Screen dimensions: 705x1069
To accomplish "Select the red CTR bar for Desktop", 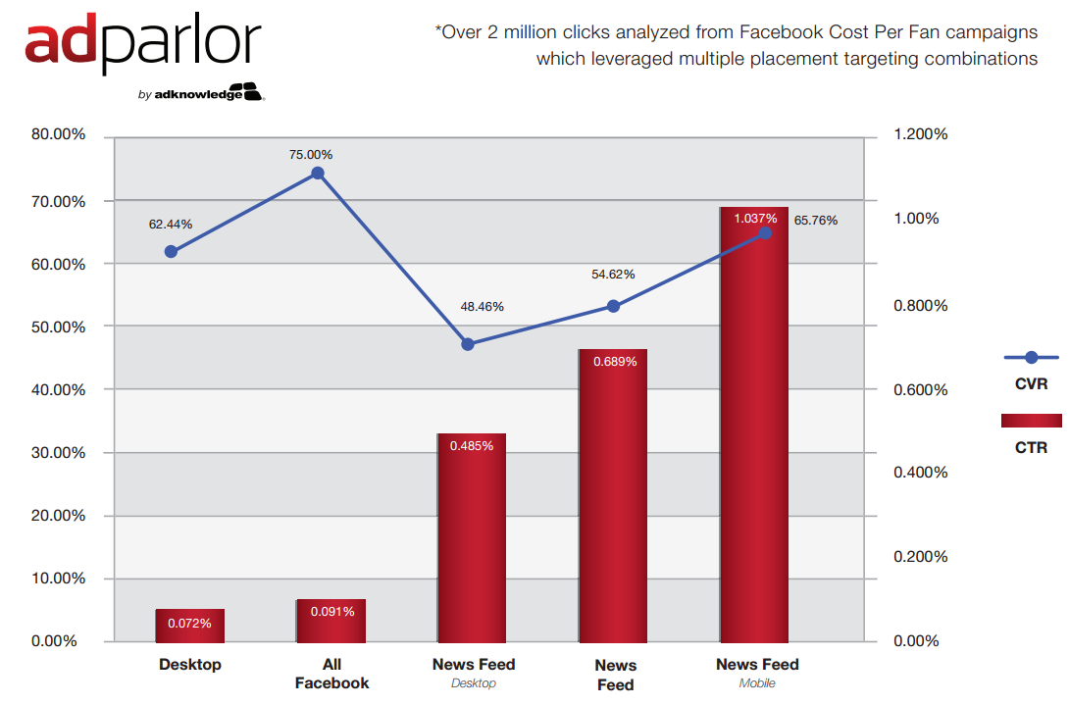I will click(189, 626).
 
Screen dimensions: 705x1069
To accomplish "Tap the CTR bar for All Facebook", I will click(331, 621).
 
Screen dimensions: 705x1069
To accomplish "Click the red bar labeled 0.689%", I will click(613, 495).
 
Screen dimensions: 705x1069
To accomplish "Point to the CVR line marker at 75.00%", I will click(318, 174).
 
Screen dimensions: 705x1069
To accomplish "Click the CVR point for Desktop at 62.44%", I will click(171, 251).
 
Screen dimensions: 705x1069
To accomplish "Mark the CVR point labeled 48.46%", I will click(468, 344).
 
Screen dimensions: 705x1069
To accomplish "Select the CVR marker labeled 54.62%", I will click(613, 306).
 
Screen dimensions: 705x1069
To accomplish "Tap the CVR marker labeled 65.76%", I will click(766, 232).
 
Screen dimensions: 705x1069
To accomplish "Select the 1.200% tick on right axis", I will click(921, 135).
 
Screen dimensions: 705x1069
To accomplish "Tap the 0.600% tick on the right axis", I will click(921, 390).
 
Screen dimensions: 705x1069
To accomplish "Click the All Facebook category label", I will click(331, 674).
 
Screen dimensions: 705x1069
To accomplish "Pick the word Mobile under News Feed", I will click(757, 683).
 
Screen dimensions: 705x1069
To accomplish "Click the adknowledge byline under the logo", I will click(202, 94).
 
